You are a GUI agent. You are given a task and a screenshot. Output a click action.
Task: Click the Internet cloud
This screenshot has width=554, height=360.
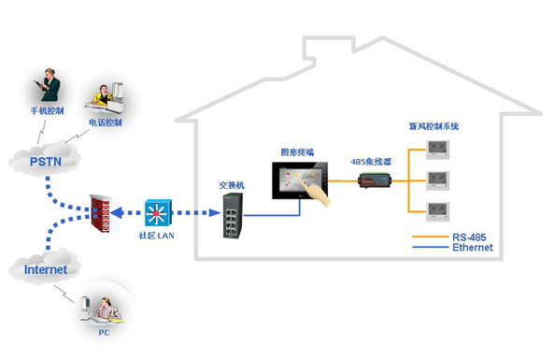(x=46, y=270)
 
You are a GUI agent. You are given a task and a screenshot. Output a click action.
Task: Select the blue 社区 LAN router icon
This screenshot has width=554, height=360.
(x=156, y=212)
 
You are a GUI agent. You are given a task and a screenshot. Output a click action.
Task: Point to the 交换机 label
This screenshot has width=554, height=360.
(x=232, y=185)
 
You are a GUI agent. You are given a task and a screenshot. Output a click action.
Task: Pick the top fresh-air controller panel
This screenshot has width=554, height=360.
(x=438, y=148)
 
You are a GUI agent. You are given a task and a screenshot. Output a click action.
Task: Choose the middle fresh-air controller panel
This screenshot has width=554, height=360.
(x=438, y=179)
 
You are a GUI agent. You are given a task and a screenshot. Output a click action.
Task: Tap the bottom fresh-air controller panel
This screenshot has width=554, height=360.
(x=438, y=209)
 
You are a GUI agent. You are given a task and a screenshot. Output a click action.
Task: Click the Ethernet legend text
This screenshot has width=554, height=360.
(x=472, y=248)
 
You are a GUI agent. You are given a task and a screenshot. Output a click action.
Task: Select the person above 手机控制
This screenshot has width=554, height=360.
(x=48, y=87)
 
